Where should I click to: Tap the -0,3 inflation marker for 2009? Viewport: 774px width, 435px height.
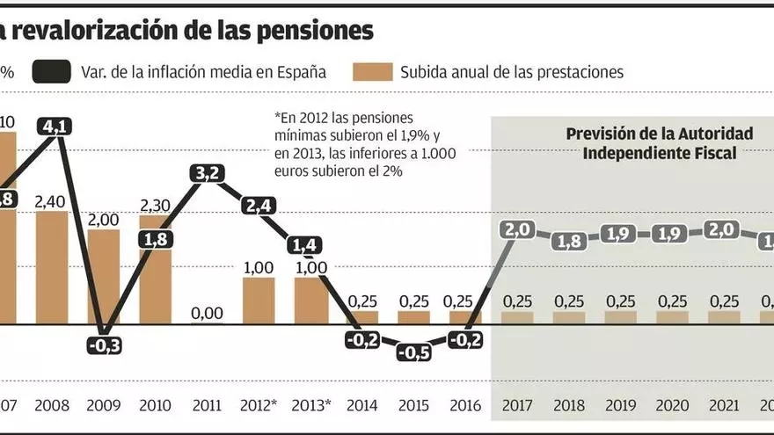(104, 345)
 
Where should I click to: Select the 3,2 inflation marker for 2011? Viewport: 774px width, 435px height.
(208, 174)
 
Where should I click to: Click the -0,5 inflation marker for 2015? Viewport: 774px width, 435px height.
(413, 352)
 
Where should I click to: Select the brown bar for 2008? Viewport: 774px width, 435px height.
(52, 267)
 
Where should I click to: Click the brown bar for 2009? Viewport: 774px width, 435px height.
(104, 277)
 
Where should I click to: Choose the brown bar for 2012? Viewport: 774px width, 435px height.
(259, 301)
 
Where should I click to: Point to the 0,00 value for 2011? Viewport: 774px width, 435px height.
(208, 313)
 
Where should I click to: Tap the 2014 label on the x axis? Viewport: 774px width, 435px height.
(362, 407)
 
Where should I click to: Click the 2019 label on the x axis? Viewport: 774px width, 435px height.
(620, 407)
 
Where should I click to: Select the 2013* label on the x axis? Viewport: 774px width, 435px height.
(310, 407)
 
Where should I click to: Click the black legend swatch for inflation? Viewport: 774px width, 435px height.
(52, 72)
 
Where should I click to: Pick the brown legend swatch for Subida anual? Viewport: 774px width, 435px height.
(372, 72)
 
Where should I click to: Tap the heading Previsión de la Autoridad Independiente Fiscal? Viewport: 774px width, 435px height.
(660, 142)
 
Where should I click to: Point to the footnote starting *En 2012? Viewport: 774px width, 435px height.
(370, 144)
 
